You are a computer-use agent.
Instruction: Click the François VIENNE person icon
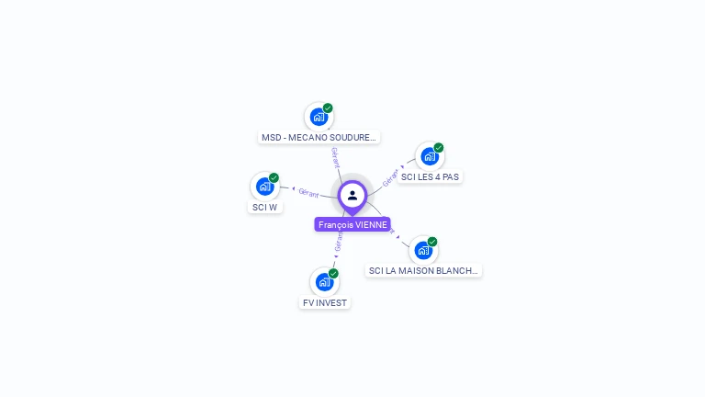pos(352,195)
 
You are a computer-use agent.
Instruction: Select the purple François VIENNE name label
pos(352,224)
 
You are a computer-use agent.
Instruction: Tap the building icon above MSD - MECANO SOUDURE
pos(318,117)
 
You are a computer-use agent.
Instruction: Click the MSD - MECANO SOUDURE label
pos(319,137)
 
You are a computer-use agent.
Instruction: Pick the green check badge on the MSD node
pos(328,108)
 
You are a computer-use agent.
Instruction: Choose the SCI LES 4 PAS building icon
pos(429,156)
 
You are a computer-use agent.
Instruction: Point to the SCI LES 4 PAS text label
pos(430,176)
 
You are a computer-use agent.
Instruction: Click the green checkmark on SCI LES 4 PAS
pos(439,148)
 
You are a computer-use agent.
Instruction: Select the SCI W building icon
pos(264,187)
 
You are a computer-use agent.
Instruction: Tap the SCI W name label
pos(264,207)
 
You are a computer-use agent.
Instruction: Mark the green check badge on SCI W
pos(274,178)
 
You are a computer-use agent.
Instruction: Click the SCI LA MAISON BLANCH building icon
pos(422,250)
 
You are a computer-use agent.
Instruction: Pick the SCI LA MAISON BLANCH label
pos(423,270)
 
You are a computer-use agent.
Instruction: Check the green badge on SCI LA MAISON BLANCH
pos(432,242)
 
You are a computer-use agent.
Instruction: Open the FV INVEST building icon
pos(323,282)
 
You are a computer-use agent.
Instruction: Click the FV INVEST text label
pos(325,302)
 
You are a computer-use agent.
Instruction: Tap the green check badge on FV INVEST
pos(333,274)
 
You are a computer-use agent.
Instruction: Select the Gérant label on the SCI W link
pos(308,191)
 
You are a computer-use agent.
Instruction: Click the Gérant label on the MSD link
pos(336,156)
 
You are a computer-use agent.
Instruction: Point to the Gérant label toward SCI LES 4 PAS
pos(391,176)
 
